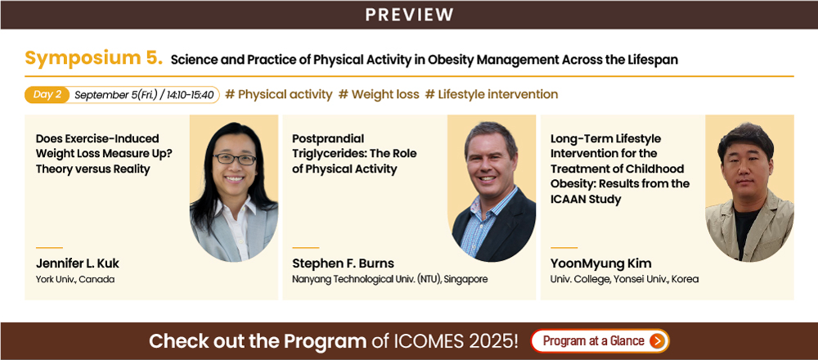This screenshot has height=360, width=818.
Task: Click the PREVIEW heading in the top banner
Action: (x=409, y=15)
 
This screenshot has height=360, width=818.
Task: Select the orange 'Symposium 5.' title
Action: (x=94, y=58)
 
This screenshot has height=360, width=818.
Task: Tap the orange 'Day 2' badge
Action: (x=47, y=94)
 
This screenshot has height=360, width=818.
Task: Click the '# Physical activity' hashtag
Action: (x=279, y=94)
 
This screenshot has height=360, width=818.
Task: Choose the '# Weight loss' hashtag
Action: (x=379, y=94)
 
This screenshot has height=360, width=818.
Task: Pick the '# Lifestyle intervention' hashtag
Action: (x=492, y=94)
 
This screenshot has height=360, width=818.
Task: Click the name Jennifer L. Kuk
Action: (x=78, y=263)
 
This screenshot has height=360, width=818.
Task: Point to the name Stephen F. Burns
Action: (x=343, y=263)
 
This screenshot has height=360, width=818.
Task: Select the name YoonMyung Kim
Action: (x=601, y=263)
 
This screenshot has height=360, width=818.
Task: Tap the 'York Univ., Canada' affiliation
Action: (x=75, y=279)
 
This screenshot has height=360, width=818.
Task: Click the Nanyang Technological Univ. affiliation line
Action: (x=389, y=279)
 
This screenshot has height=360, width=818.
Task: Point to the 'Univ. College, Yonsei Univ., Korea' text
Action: (x=624, y=279)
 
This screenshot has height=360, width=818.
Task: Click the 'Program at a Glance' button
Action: (x=600, y=341)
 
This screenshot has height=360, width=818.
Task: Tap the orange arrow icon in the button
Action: (x=657, y=341)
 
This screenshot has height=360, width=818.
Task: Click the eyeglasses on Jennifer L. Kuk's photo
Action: (x=234, y=159)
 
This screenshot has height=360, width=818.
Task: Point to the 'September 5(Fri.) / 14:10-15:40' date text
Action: (x=145, y=95)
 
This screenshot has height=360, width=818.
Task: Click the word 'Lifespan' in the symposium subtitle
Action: (x=654, y=60)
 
